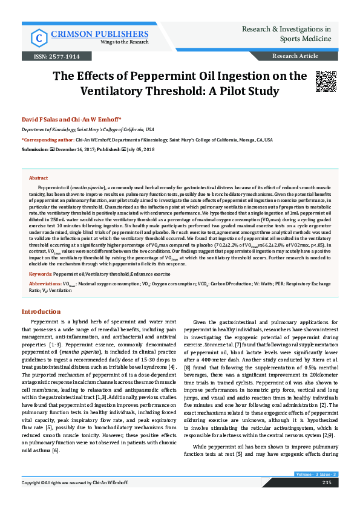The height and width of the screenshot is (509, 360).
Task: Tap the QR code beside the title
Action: click(x=326, y=82)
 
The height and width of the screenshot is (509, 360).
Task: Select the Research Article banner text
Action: click(x=295, y=56)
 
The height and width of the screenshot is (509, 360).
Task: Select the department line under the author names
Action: click(x=88, y=129)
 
